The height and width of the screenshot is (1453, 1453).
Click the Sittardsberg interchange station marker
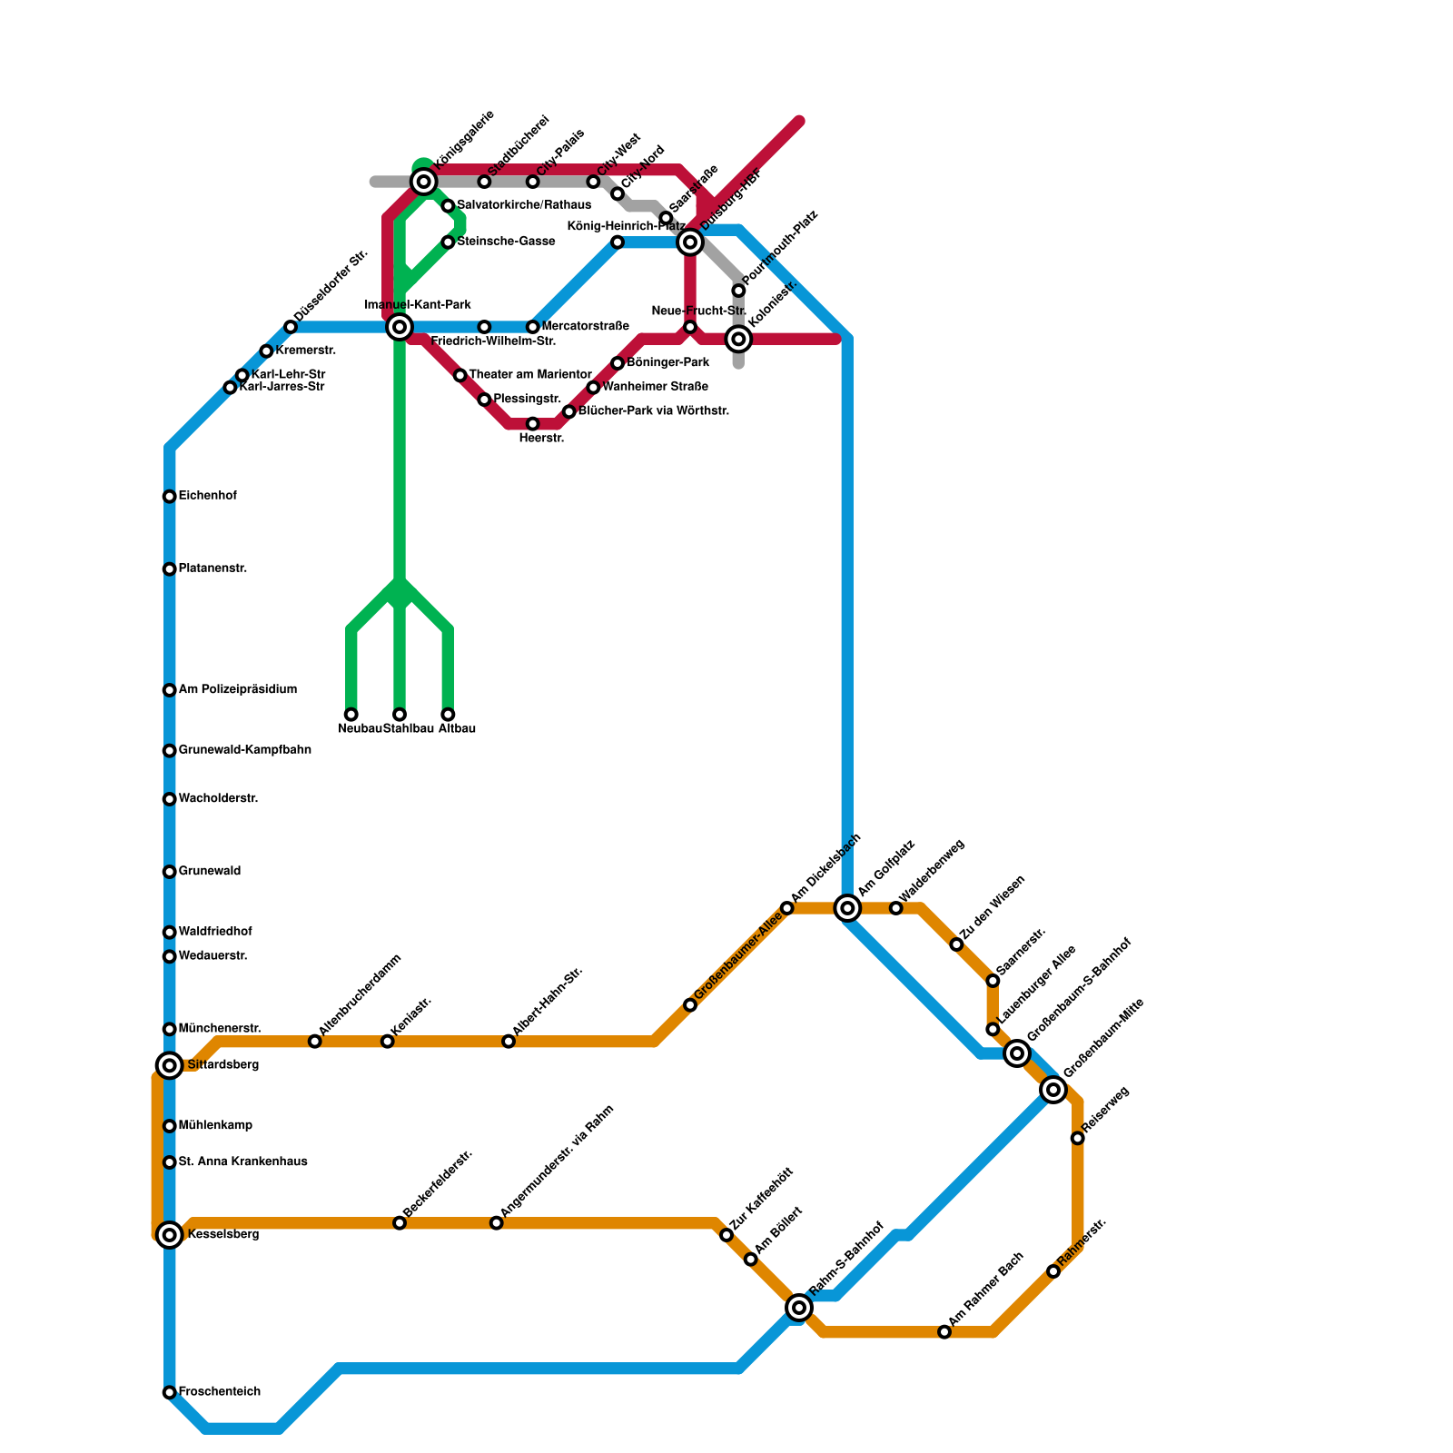(170, 1065)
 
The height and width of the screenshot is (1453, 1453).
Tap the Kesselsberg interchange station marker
(170, 1235)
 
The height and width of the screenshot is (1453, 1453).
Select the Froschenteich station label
(220, 1392)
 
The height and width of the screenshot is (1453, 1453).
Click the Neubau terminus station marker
(351, 715)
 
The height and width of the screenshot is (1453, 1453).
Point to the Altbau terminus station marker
(448, 715)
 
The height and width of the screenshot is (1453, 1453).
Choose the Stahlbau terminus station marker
(400, 715)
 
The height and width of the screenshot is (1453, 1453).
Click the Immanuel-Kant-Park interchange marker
(400, 327)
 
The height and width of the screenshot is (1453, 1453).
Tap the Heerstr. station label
(541, 439)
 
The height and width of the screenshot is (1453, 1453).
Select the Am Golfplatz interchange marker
(847, 908)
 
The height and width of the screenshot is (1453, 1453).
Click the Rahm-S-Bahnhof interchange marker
(799, 1308)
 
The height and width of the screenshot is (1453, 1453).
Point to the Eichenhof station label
(208, 496)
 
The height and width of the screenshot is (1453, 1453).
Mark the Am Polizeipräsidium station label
(238, 690)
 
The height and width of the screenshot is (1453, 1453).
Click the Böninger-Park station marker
(618, 363)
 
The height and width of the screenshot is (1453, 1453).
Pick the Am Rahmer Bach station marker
(944, 1332)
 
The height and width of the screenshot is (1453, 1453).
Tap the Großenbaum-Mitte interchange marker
(1053, 1090)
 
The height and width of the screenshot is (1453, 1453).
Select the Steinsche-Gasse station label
(506, 242)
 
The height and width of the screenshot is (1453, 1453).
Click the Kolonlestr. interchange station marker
(739, 340)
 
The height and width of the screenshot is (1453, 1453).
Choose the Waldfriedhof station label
(215, 932)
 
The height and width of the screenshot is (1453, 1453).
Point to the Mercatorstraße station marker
(533, 327)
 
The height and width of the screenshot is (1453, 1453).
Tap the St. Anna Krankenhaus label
(243, 1162)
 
